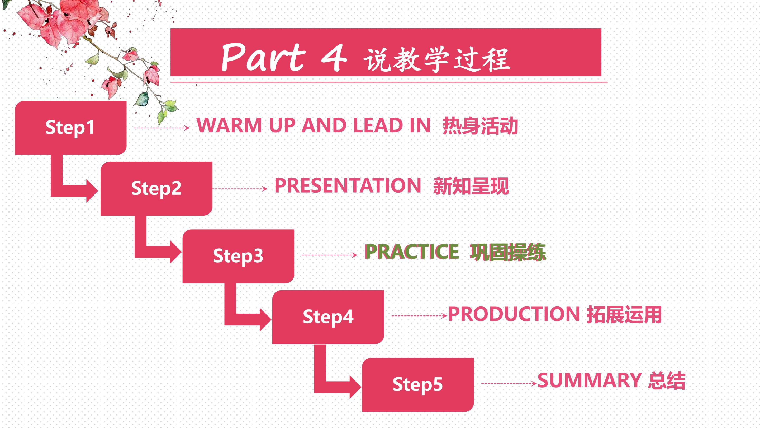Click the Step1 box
point(71,128)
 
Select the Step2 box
point(156,188)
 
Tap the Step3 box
point(238,256)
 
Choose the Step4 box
point(328,317)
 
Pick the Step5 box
point(418,385)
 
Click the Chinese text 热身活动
point(480,126)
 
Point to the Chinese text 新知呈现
point(471,186)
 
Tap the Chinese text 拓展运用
point(624,314)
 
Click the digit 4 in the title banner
point(334,58)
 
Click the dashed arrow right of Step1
point(162,128)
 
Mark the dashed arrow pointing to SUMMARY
point(509,384)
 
